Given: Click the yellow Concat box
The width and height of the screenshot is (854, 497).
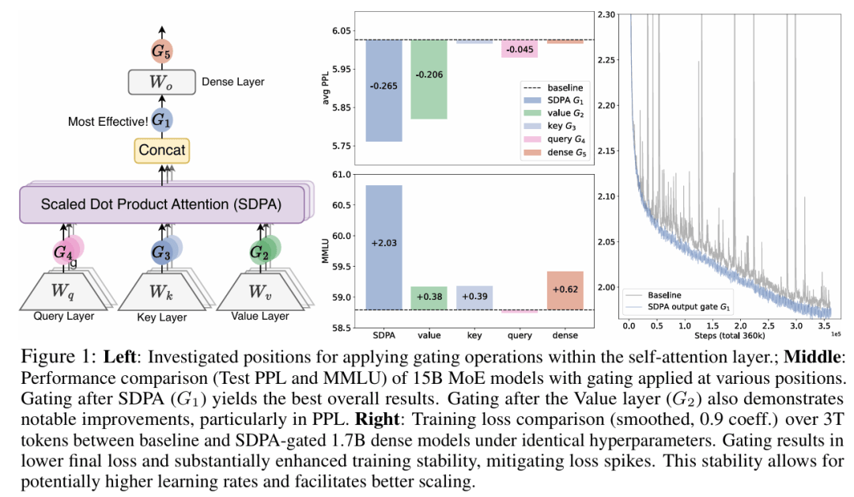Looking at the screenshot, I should (x=161, y=150).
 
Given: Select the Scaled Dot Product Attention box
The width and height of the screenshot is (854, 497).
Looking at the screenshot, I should (x=161, y=203).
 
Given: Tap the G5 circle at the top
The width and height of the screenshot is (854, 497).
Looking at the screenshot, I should (x=161, y=52).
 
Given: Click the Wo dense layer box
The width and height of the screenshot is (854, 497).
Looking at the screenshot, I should (x=161, y=82).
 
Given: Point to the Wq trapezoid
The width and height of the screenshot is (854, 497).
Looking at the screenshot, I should (x=63, y=291).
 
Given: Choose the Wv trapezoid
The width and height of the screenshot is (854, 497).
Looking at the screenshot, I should (x=258, y=291).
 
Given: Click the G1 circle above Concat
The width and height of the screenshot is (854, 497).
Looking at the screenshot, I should (x=161, y=120).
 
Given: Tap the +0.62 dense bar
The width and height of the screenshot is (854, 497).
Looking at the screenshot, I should (x=565, y=290).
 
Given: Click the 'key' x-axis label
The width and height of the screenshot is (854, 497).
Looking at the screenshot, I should (x=474, y=322).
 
